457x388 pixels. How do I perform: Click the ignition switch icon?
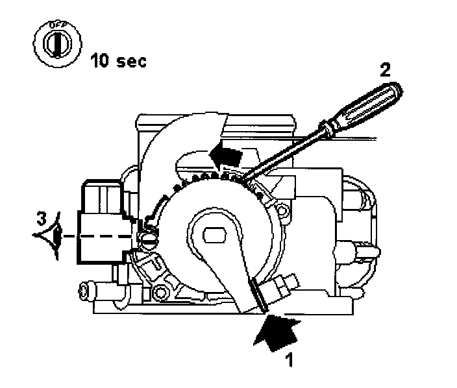(55, 45)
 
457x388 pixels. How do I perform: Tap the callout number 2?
(385, 69)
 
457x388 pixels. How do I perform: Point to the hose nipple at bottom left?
(87, 289)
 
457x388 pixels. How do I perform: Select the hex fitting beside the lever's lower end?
(283, 285)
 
